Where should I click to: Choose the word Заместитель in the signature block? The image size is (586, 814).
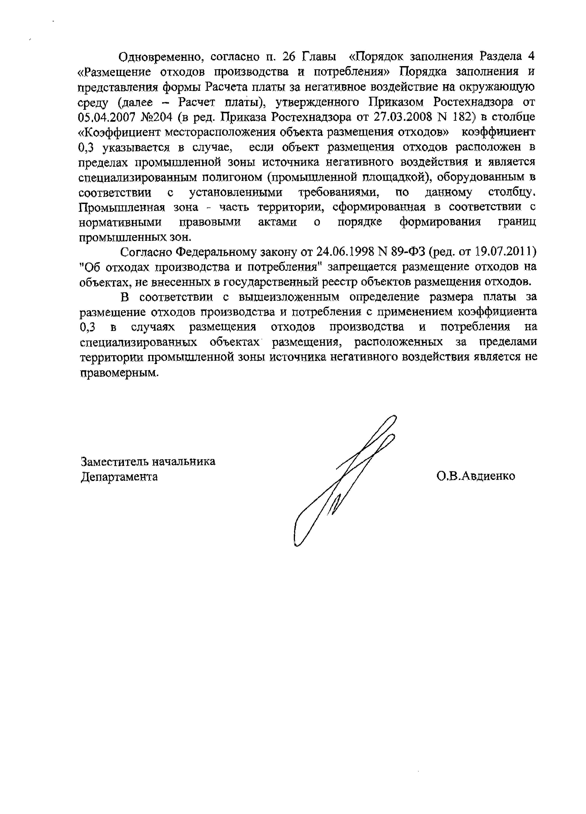pos(114,461)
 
